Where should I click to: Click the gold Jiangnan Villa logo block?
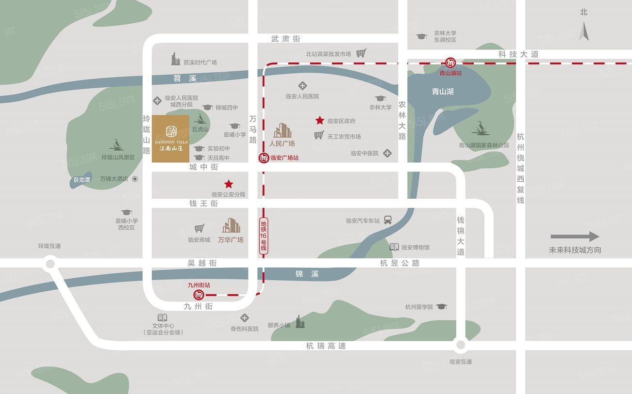click(170, 139)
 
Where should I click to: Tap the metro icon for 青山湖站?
click(451, 63)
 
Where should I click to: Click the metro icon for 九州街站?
click(199, 295)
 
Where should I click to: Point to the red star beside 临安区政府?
click(320, 120)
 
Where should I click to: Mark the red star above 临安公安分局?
click(228, 184)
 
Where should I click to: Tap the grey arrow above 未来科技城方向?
click(575, 236)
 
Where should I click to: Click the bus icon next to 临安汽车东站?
click(388, 220)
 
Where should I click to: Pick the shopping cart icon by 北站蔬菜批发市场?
click(361, 53)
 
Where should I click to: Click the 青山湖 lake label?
click(443, 91)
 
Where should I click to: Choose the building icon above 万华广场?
click(231, 226)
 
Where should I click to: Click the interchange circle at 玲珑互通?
click(49, 264)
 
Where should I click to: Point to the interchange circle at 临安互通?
click(460, 346)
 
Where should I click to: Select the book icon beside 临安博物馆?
click(394, 247)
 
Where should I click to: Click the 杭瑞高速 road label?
click(326, 346)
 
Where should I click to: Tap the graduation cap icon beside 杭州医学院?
click(441, 307)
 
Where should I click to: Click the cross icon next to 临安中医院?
click(387, 153)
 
